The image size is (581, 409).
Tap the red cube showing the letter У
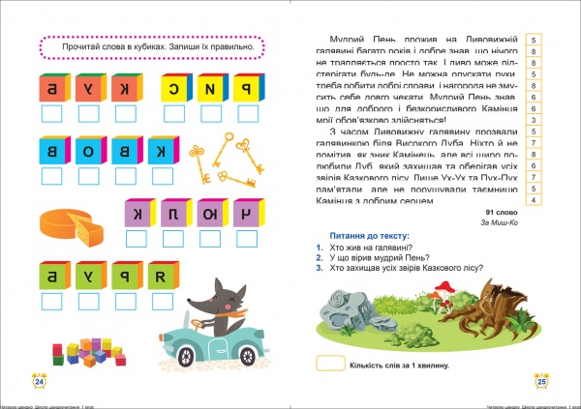pos(86,90)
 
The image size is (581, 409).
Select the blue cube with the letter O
pos(86,151)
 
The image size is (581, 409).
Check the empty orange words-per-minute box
pos(330,365)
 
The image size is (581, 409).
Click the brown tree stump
pos(493,303)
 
